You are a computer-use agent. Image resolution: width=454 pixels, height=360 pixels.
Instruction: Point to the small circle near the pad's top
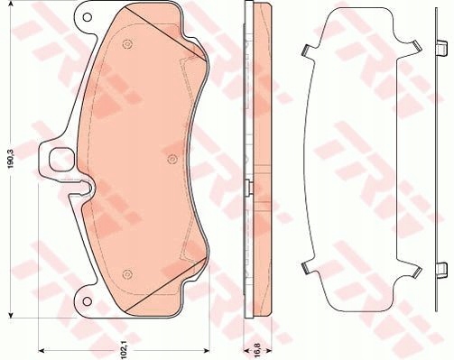[125, 41]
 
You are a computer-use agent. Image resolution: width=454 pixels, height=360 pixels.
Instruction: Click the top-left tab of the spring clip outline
[307, 51]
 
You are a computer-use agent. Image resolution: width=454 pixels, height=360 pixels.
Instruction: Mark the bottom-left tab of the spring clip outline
[307, 267]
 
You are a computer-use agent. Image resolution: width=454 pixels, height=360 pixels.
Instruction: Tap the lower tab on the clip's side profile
[441, 268]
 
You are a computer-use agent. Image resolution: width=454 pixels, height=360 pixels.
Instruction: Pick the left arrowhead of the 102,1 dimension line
[42, 349]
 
